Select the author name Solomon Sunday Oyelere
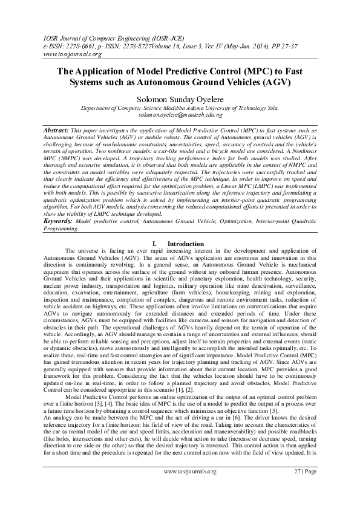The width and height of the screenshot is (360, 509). click(180, 97)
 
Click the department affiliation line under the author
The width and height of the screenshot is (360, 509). click(180, 107)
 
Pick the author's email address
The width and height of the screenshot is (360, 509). click(180, 114)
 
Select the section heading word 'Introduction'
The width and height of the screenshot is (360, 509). click(186, 244)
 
